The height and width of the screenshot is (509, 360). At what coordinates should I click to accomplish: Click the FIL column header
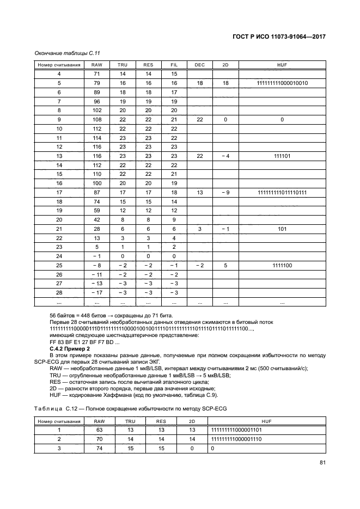click(174, 65)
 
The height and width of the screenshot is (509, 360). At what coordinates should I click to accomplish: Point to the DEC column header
click(200, 65)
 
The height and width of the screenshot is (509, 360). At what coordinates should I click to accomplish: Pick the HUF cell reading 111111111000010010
click(282, 83)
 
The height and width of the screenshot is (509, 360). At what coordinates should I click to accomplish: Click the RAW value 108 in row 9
click(97, 119)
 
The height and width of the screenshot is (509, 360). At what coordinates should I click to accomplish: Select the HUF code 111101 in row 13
click(282, 156)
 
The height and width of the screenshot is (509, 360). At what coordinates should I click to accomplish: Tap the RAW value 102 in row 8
click(97, 110)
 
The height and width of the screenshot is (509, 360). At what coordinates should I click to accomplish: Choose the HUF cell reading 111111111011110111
click(282, 192)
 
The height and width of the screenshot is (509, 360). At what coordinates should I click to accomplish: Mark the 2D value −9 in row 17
click(225, 192)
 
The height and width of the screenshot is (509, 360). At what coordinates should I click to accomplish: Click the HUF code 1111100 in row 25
click(282, 265)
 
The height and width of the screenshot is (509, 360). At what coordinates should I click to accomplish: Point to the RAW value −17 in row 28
click(96, 292)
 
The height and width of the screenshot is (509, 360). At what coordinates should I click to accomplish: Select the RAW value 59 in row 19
click(97, 210)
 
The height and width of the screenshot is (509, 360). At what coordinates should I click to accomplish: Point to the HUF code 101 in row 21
click(282, 229)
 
